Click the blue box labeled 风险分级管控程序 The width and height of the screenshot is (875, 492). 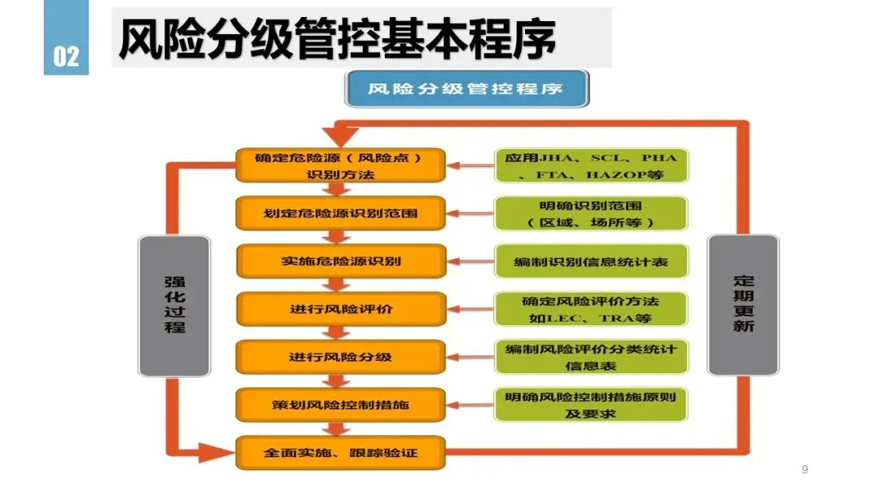[467, 88]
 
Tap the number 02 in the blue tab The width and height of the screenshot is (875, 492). [66, 57]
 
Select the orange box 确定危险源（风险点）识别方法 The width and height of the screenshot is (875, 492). [340, 166]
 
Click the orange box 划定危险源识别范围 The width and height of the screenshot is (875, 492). [340, 214]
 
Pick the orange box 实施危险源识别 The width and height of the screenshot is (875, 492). [341, 261]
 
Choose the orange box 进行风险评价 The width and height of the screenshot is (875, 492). [341, 309]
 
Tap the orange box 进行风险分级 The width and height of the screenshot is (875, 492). [340, 357]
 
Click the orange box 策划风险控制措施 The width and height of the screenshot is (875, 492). [340, 405]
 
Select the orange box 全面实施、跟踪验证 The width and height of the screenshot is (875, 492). [340, 453]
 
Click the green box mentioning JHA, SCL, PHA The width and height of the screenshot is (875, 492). [591, 166]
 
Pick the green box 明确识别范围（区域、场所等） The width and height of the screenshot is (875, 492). [591, 214]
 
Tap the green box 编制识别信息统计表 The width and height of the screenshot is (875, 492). [591, 261]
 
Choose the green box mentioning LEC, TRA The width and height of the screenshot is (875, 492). [591, 309]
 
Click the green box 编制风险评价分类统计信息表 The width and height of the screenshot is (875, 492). [591, 357]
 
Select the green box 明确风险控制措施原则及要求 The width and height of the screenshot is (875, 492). [591, 405]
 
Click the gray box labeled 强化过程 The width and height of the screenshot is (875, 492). [175, 306]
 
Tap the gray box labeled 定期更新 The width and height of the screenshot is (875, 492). [743, 305]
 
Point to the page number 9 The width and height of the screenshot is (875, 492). [805, 469]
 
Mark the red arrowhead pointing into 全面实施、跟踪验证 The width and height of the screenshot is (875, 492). [216, 452]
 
